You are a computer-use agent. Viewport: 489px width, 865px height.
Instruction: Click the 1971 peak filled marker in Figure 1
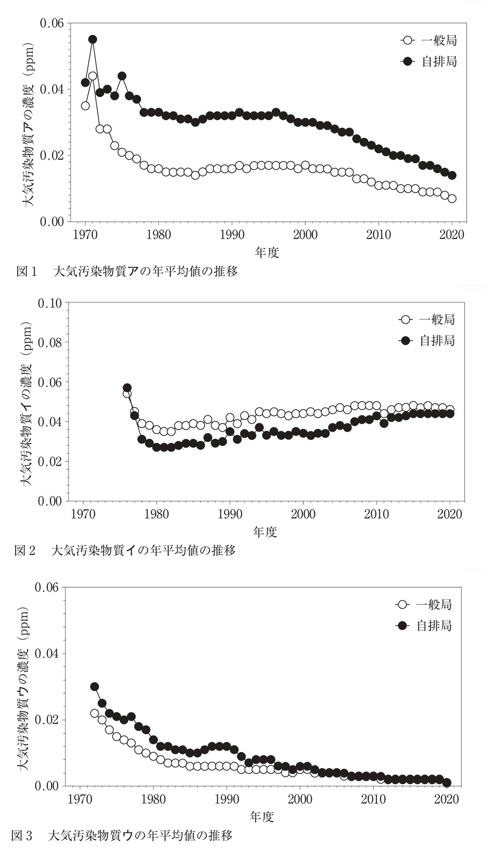(x=93, y=39)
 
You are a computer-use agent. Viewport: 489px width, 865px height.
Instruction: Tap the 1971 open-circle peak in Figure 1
(x=93, y=76)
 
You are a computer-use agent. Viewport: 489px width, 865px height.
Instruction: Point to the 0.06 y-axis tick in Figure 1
(x=52, y=23)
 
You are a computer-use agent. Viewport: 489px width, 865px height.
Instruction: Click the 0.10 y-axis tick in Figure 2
(x=50, y=303)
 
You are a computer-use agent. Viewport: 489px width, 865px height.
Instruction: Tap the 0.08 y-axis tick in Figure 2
(x=50, y=342)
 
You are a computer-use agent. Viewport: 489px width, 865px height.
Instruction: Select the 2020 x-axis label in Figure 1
(x=452, y=235)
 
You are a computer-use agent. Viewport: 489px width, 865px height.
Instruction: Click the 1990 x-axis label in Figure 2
(x=230, y=515)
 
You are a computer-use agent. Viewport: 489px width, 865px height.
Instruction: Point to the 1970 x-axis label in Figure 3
(x=79, y=799)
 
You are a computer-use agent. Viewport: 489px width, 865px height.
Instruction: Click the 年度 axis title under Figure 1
(x=267, y=253)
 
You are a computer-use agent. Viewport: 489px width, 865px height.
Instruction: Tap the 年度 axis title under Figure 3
(x=262, y=816)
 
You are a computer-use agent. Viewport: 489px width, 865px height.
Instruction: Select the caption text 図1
(x=27, y=271)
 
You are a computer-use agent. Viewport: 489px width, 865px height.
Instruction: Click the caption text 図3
(x=21, y=835)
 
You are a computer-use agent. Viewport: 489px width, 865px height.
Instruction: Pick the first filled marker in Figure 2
(x=127, y=388)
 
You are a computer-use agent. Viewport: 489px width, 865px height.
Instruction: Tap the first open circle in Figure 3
(x=95, y=713)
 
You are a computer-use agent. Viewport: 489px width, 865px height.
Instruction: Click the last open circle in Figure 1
(x=452, y=199)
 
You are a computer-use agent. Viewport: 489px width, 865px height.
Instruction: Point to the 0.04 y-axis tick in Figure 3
(x=47, y=653)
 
